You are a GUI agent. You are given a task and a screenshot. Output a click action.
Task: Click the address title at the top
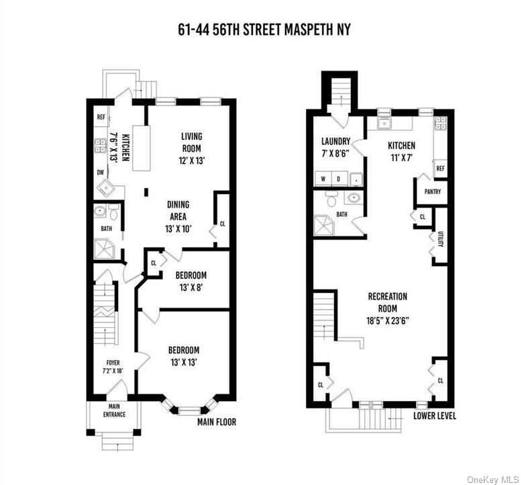click(260, 30)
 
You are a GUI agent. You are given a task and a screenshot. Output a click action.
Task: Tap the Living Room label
click(191, 142)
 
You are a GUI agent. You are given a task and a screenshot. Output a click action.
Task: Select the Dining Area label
click(178, 210)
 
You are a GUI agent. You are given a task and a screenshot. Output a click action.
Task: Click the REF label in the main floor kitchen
click(101, 117)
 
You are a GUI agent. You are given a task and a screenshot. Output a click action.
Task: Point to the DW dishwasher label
click(100, 173)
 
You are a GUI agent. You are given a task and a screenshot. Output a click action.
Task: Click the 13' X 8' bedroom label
click(191, 281)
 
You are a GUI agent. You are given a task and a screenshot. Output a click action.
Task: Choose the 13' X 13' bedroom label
click(183, 356)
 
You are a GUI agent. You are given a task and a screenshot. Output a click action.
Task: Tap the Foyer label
click(113, 367)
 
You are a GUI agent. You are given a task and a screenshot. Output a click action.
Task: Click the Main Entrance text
click(113, 410)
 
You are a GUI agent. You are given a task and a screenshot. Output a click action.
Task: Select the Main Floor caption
click(217, 423)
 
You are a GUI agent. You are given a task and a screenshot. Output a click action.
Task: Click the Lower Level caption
click(434, 416)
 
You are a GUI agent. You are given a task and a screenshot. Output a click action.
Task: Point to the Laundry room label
click(335, 147)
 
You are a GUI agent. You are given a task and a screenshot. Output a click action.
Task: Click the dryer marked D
click(339, 179)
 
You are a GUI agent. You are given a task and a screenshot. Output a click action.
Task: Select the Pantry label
click(432, 191)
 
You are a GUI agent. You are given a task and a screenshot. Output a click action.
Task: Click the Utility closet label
click(441, 238)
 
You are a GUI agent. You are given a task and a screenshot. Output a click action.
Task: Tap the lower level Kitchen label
click(401, 151)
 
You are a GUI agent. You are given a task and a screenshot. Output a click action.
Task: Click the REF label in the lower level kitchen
click(440, 168)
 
